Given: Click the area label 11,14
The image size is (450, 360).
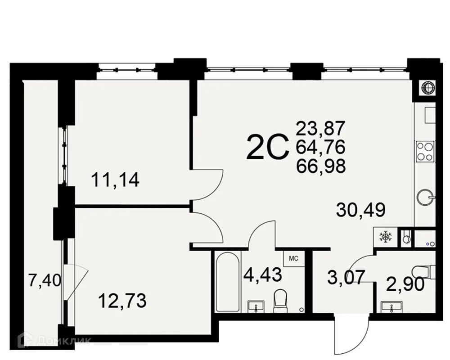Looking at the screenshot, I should (x=115, y=181).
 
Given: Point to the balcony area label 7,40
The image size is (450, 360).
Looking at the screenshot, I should (x=44, y=281).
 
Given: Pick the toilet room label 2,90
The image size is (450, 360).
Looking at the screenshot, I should (x=405, y=285).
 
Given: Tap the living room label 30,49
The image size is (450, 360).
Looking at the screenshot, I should (x=360, y=210).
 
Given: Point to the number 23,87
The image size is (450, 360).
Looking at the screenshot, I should (x=320, y=129).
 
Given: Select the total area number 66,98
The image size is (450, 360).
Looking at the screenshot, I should (x=320, y=166).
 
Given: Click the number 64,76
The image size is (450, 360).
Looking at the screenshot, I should (x=320, y=147).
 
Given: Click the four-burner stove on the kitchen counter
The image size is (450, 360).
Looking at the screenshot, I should (x=424, y=151).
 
